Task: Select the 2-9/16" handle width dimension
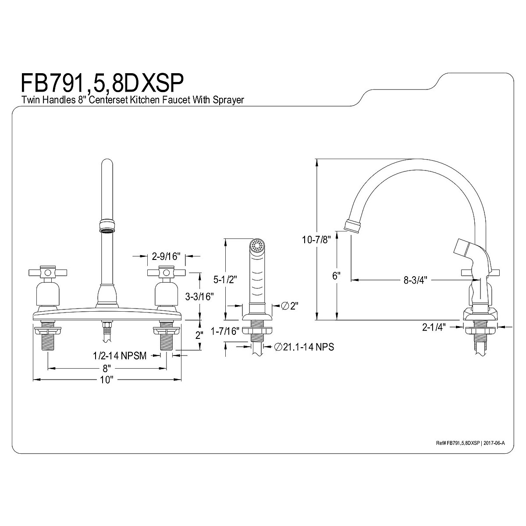[166, 256]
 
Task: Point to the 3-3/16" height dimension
[199, 297]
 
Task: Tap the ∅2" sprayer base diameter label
[288, 306]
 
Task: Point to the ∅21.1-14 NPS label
[304, 347]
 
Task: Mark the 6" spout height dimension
[336, 276]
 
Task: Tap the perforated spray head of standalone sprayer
[256, 245]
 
